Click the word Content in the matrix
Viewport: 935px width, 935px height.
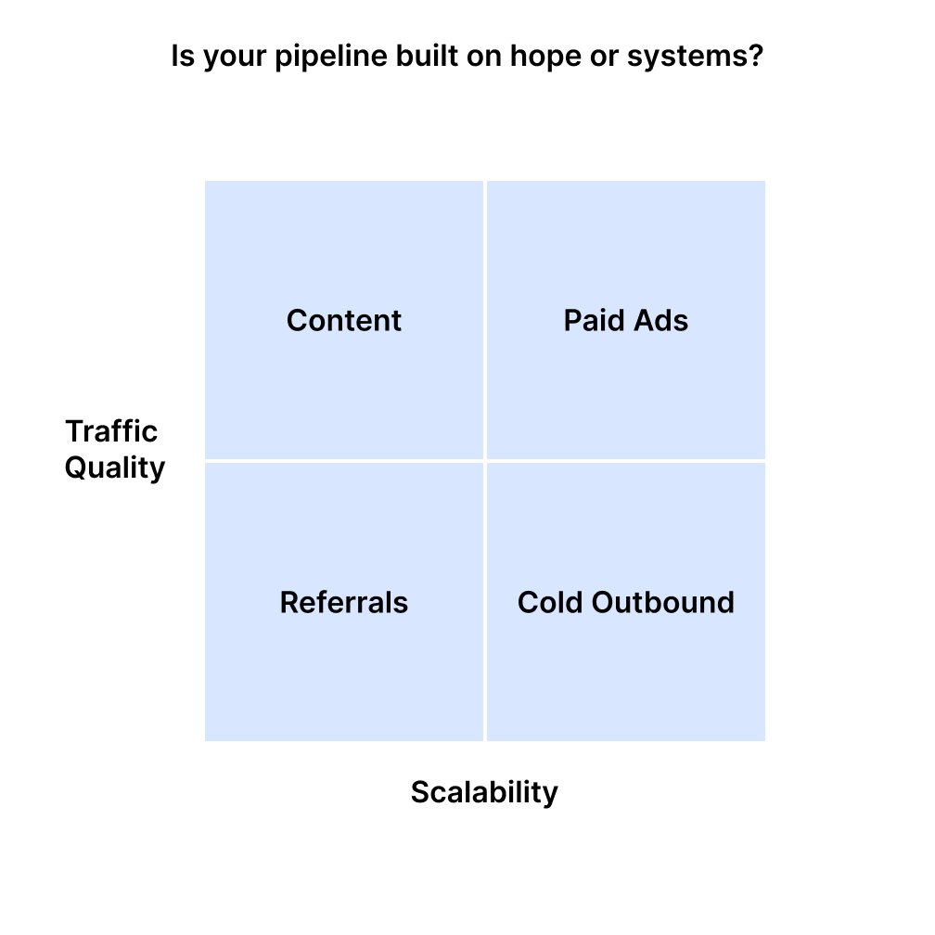(x=344, y=321)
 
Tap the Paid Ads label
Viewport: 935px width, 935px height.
(x=626, y=321)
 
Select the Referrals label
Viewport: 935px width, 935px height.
(x=344, y=603)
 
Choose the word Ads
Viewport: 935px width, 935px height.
(x=660, y=321)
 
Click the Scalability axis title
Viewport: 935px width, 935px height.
(x=484, y=792)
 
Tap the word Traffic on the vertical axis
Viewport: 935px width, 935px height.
(x=111, y=431)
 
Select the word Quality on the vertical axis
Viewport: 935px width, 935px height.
(x=114, y=467)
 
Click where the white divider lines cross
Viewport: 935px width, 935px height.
(x=484, y=460)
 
